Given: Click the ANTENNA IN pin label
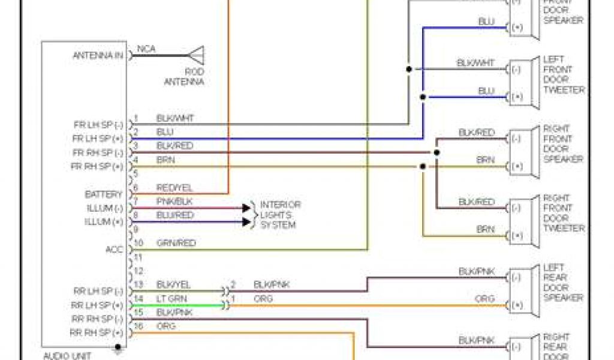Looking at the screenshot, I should click(98, 55).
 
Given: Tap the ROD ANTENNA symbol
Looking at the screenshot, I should click(196, 55).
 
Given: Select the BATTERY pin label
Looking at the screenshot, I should click(103, 194).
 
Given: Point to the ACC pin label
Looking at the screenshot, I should click(114, 249).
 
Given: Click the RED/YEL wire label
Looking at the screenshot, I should click(174, 188).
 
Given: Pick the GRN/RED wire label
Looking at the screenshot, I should click(176, 243).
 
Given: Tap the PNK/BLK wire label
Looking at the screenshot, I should click(174, 202).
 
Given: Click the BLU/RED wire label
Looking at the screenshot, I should click(174, 215).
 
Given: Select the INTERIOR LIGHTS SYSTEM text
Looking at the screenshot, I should click(279, 215).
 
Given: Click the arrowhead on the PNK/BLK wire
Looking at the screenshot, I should click(246, 208).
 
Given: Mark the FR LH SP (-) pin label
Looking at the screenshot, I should click(98, 125).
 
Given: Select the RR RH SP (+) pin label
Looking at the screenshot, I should click(97, 332).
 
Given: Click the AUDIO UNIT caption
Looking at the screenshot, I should click(67, 356).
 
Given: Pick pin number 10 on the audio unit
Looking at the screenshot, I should click(139, 243).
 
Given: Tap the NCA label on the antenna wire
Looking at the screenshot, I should click(146, 49).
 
